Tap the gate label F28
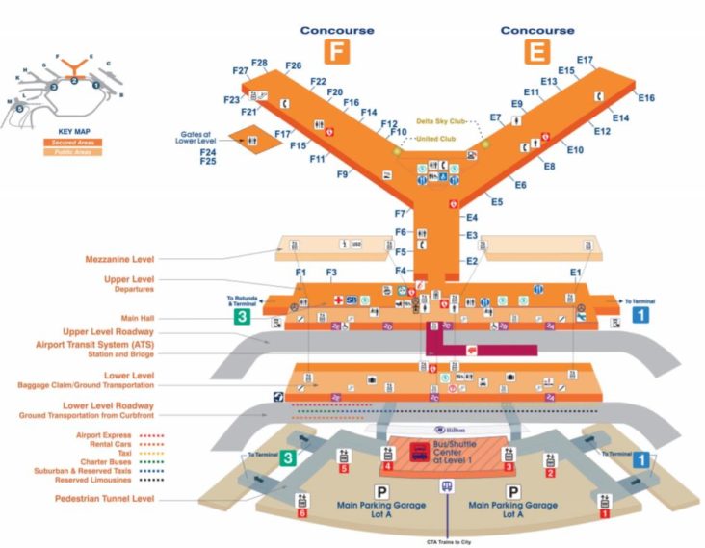coord(260,63)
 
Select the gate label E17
coord(585,60)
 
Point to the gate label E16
coord(646,98)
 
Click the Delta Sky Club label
coord(441,122)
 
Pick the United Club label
coord(435,139)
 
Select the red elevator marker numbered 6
coord(303,512)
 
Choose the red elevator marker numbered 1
coord(605,513)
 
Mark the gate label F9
coord(342,174)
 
